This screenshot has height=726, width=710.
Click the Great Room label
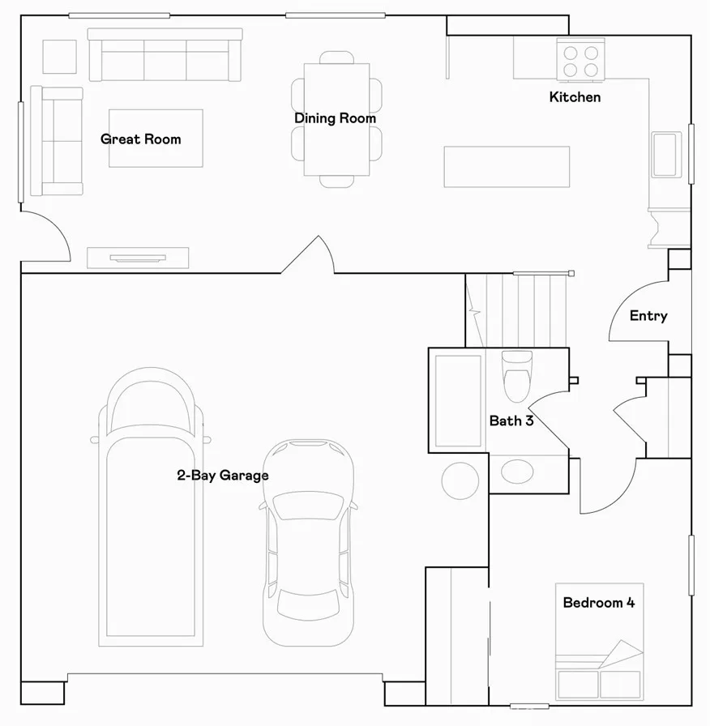tap(141, 139)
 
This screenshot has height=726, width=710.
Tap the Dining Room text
tap(335, 118)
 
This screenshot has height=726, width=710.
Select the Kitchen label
tap(575, 97)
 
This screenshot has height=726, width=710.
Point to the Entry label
tap(648, 316)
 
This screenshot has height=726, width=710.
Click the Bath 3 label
tap(511, 421)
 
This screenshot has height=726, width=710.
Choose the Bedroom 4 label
tap(598, 603)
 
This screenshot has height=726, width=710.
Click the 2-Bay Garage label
tap(223, 476)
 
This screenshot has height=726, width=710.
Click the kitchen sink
tap(666, 154)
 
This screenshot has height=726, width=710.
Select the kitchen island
tap(507, 167)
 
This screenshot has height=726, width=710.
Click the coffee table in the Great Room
tap(156, 138)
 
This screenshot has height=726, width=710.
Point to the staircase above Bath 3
tap(516, 310)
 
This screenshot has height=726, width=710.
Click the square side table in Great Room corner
tap(60, 57)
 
